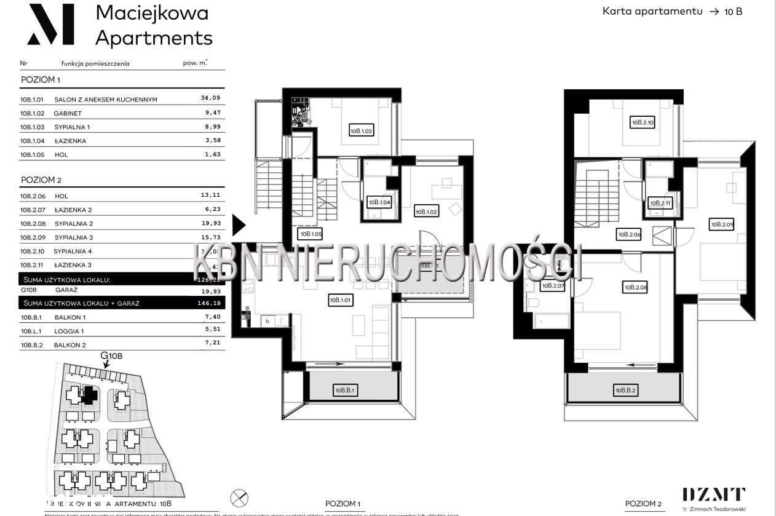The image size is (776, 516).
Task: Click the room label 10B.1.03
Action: (x=362, y=130)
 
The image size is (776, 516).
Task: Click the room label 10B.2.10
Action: (x=643, y=122)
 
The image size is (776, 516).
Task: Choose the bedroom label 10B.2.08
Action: (x=635, y=287)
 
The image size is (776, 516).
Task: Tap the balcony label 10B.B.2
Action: (x=625, y=390)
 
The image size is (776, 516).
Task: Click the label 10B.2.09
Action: (x=722, y=224)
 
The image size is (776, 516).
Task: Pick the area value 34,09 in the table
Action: (x=210, y=98)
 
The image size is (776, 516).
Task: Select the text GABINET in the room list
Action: (x=68, y=113)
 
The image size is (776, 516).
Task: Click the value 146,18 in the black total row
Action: (x=210, y=303)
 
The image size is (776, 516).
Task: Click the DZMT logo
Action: (x=713, y=494)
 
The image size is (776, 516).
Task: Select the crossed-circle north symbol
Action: (x=239, y=498)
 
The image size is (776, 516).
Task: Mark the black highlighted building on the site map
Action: (x=90, y=394)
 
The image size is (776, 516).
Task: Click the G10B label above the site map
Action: (x=111, y=356)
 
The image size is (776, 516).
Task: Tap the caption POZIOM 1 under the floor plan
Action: (x=342, y=503)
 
